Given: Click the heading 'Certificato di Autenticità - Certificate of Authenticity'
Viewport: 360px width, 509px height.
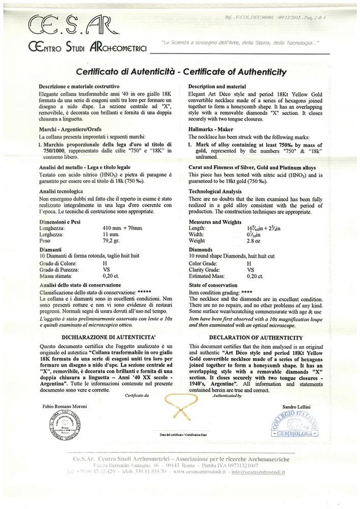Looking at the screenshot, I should (181, 72).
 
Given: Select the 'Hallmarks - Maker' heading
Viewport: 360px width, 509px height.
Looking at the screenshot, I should (211, 129).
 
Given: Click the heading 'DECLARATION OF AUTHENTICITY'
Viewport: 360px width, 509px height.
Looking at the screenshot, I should (256, 338).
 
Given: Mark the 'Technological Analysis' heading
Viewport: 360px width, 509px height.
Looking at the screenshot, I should (215, 192).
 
